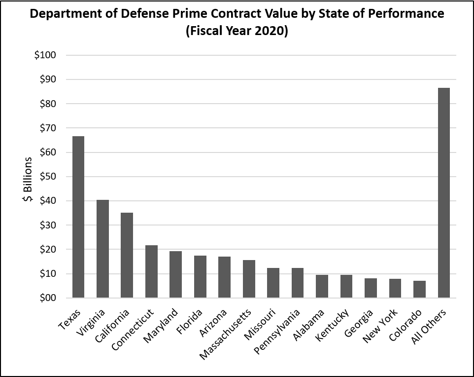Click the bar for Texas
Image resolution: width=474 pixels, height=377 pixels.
78,217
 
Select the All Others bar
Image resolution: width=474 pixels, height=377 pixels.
443,193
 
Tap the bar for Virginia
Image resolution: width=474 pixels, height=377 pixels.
102,249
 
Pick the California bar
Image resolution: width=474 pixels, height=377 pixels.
127,255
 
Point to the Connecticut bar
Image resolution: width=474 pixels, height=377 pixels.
151,271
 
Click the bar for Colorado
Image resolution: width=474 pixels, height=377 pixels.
419,289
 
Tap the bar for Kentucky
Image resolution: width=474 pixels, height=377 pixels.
346,286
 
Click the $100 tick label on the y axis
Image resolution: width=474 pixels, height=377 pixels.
45,55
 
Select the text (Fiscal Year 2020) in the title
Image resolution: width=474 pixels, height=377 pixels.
237,32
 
